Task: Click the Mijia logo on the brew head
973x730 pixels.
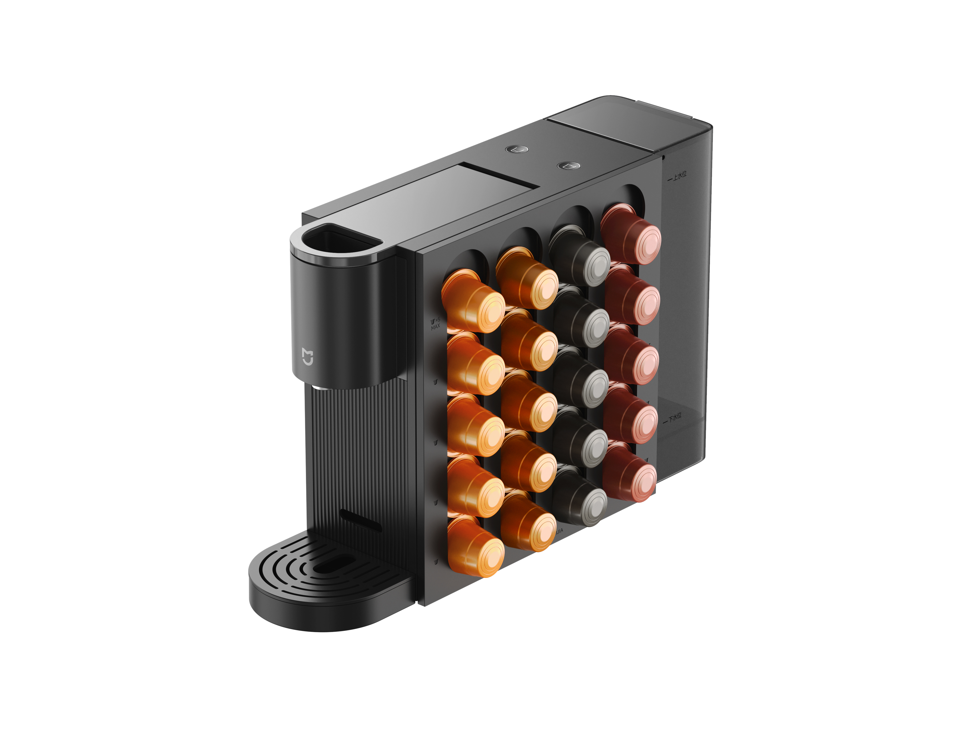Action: [308, 357]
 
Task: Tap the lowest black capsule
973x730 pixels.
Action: [580, 497]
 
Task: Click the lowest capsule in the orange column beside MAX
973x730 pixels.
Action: [475, 548]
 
